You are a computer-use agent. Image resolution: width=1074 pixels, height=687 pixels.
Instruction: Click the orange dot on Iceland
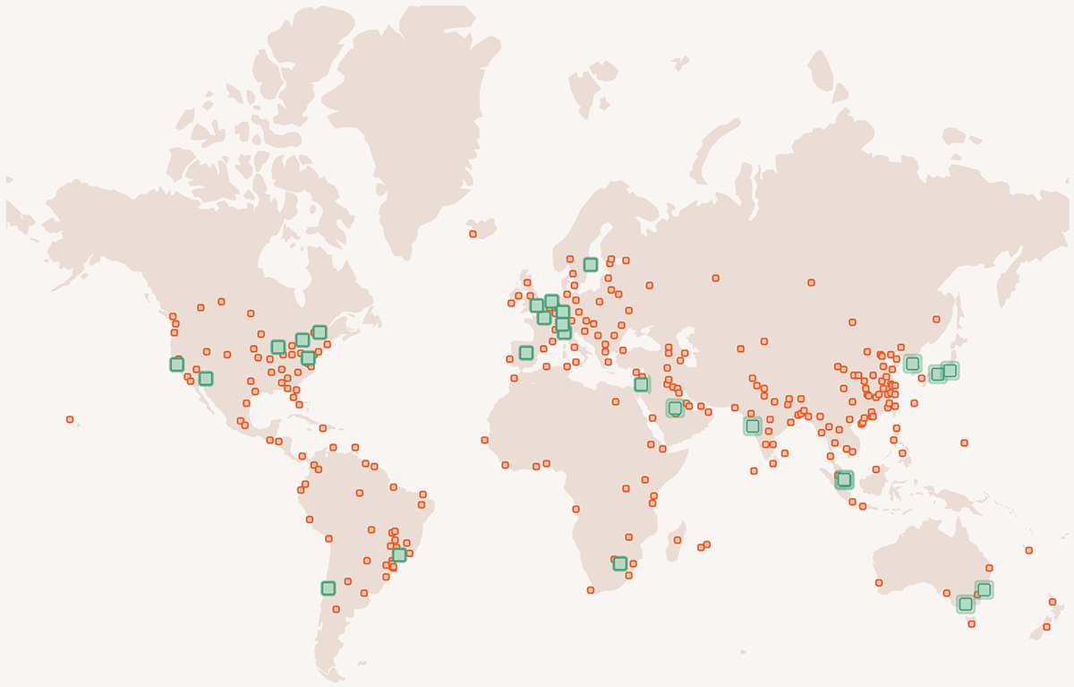coord(473,235)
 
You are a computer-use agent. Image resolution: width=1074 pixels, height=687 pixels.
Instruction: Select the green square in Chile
coord(328,588)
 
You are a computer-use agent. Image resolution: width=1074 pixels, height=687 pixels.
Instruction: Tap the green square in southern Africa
coord(620,563)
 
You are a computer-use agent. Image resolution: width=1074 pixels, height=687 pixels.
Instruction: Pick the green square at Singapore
coord(844,479)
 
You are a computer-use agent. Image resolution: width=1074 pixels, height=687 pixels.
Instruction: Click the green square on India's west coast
coord(753,426)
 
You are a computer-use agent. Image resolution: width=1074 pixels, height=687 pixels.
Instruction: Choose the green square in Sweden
coord(591,264)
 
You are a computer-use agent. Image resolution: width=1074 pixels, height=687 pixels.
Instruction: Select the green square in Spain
coord(526,353)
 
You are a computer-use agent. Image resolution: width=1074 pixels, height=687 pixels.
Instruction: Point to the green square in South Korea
coord(912,364)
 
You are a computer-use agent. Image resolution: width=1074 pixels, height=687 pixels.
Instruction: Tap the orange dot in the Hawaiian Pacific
coord(70,419)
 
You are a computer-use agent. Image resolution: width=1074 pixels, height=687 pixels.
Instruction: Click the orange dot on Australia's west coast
coord(879,583)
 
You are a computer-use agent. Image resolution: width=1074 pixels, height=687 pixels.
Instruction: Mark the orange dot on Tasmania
coord(971,623)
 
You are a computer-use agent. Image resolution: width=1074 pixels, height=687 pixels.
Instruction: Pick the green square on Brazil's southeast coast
coord(399,555)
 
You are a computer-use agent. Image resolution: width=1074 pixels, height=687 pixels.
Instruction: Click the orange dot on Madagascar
coord(678,541)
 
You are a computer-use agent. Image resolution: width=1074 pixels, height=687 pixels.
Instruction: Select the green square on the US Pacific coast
coord(177,365)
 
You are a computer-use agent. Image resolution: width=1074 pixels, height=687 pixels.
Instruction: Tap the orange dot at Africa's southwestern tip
coord(591,589)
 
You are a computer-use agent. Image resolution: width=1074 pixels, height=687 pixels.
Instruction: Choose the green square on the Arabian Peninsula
coord(675,408)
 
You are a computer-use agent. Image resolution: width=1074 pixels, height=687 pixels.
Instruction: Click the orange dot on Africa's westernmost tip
coord(484,440)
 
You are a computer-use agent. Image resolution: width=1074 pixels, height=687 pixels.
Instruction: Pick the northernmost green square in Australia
coord(984,589)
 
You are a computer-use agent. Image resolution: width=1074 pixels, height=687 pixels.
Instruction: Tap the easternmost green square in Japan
coord(950,371)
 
